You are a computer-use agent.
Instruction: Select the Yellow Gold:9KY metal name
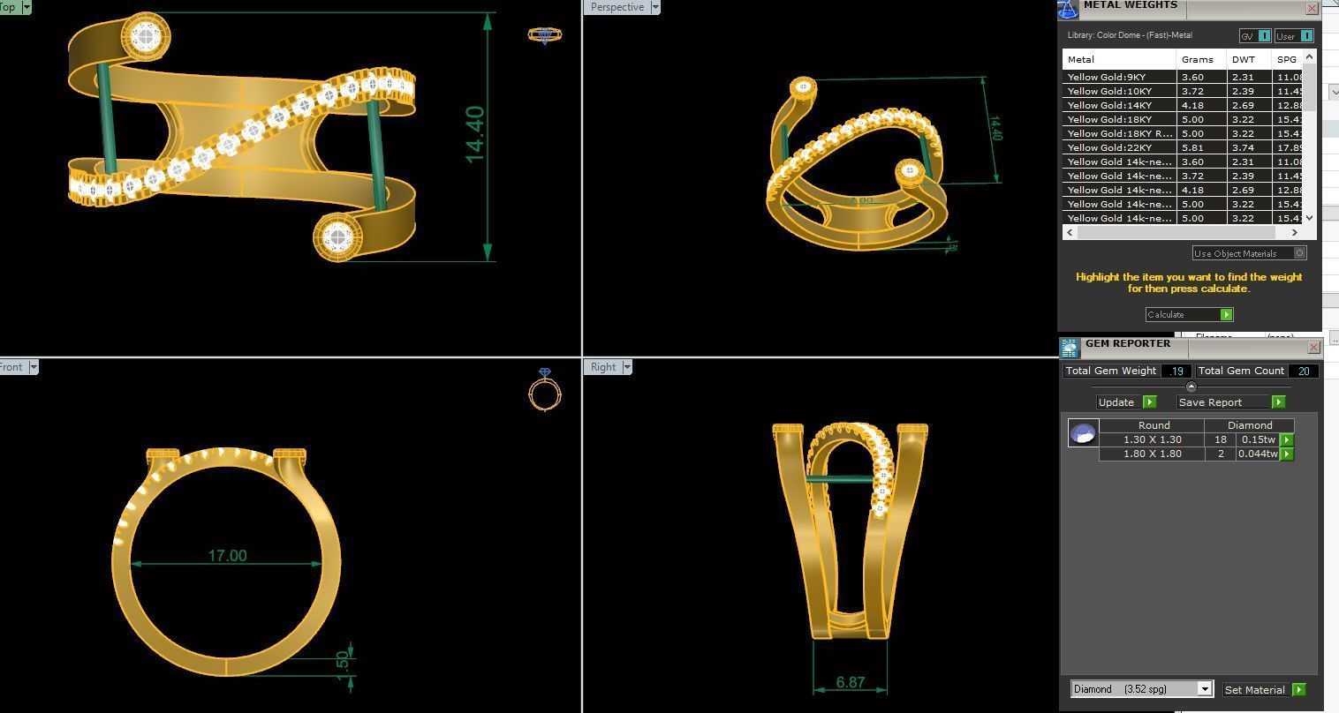tap(1107, 77)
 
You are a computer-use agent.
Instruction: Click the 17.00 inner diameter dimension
tap(227, 556)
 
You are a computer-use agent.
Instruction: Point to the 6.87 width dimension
tap(850, 682)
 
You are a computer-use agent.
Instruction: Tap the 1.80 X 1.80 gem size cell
tap(1152, 454)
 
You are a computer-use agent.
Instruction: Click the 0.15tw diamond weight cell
tap(1258, 439)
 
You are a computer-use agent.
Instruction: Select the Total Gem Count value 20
tap(1304, 371)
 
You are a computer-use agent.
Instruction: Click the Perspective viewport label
tap(617, 7)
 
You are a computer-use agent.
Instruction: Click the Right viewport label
tap(603, 367)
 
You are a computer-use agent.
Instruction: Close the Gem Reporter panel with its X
tap(1313, 348)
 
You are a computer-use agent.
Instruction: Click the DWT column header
tap(1243, 59)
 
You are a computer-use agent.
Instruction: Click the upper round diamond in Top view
tap(147, 35)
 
